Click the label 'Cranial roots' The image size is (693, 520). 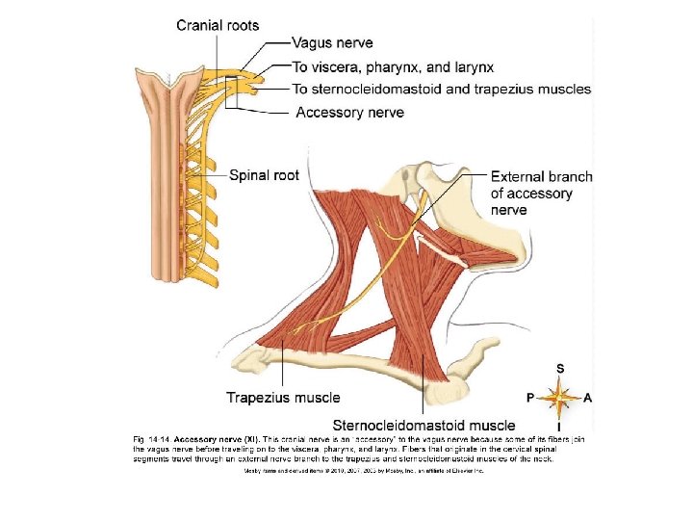[x=218, y=26]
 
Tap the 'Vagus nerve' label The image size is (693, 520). [x=332, y=43]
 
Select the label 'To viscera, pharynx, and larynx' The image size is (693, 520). [x=393, y=67]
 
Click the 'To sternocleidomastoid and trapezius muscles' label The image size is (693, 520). [x=442, y=90]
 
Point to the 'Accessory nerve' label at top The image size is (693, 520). [x=349, y=113]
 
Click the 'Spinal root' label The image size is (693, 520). [x=264, y=175]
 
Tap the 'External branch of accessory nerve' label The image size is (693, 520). [x=541, y=193]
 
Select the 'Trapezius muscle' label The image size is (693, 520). [x=283, y=397]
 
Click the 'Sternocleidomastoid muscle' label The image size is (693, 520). [x=423, y=425]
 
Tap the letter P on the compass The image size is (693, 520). [x=530, y=396]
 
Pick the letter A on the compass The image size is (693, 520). [x=587, y=396]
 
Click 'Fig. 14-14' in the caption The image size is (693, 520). [x=149, y=439]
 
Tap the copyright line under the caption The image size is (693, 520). [x=362, y=471]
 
